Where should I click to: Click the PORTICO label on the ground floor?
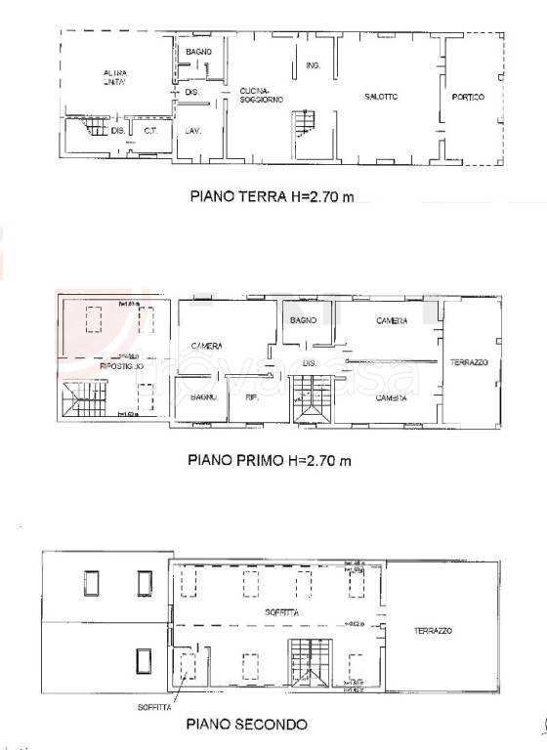point(469,97)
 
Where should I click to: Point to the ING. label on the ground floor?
point(313,65)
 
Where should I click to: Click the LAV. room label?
point(193,130)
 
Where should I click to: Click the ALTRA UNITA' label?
point(116,78)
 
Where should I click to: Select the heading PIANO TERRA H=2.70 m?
point(270,196)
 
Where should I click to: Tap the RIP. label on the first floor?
point(251,397)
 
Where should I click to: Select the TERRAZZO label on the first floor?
point(469,363)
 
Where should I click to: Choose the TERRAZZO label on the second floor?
point(431,631)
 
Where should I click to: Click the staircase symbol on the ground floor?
point(306,124)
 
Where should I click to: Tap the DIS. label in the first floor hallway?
point(310,363)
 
